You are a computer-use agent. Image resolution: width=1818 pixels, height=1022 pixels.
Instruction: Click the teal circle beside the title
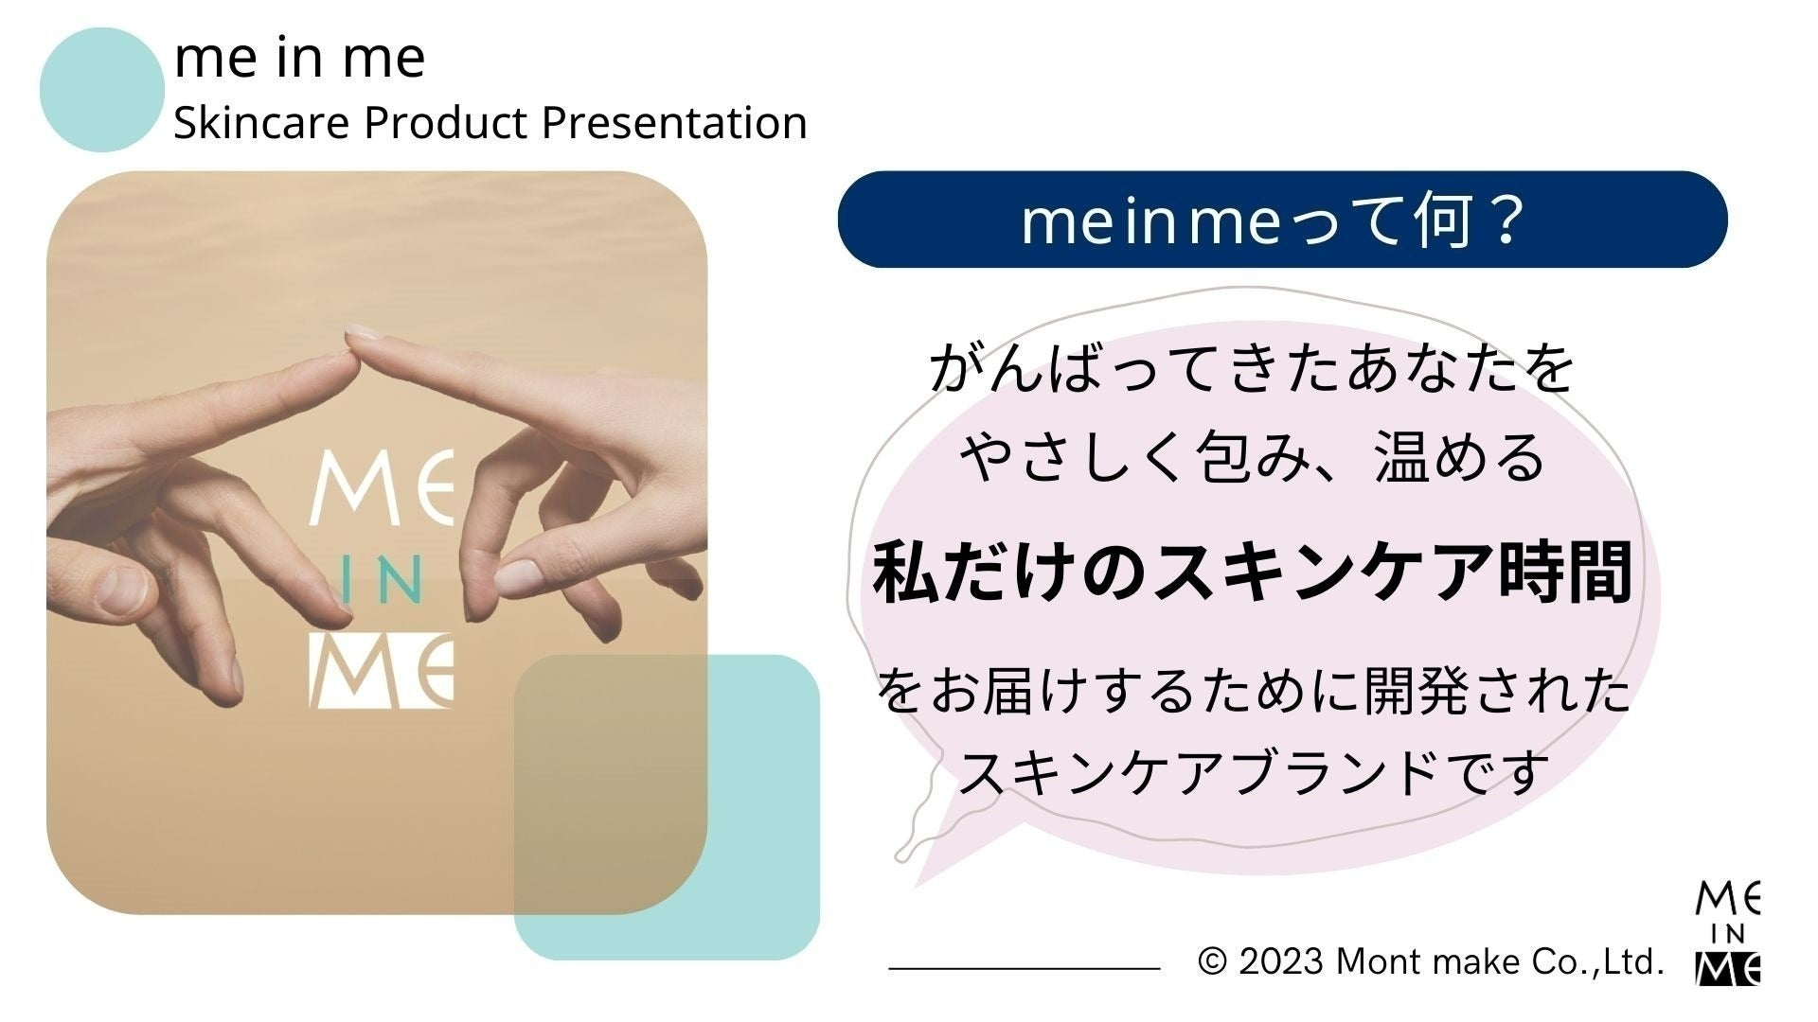(x=101, y=90)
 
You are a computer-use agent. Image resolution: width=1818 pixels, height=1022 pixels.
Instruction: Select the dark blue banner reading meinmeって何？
(x=1282, y=220)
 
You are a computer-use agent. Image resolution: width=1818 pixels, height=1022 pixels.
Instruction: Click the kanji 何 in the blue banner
(x=1443, y=221)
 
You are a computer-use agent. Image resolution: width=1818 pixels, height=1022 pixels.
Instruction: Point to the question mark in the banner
(x=1503, y=221)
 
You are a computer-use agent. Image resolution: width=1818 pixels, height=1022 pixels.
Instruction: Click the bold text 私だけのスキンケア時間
(x=1252, y=573)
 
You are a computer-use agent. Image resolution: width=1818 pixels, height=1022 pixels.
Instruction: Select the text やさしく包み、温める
(x=1252, y=458)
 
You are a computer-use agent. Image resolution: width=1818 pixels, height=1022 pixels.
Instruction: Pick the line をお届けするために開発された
(x=1252, y=692)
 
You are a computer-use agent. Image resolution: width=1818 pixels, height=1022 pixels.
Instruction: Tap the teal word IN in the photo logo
(x=380, y=583)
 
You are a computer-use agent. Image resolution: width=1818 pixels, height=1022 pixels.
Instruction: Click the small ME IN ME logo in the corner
(x=1727, y=933)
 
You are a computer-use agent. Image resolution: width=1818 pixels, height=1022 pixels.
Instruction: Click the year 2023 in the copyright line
(x=1280, y=962)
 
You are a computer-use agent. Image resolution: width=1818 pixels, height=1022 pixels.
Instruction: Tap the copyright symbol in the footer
(x=1212, y=962)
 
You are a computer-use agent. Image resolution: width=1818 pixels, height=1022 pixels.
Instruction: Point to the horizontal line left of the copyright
(x=1024, y=968)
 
